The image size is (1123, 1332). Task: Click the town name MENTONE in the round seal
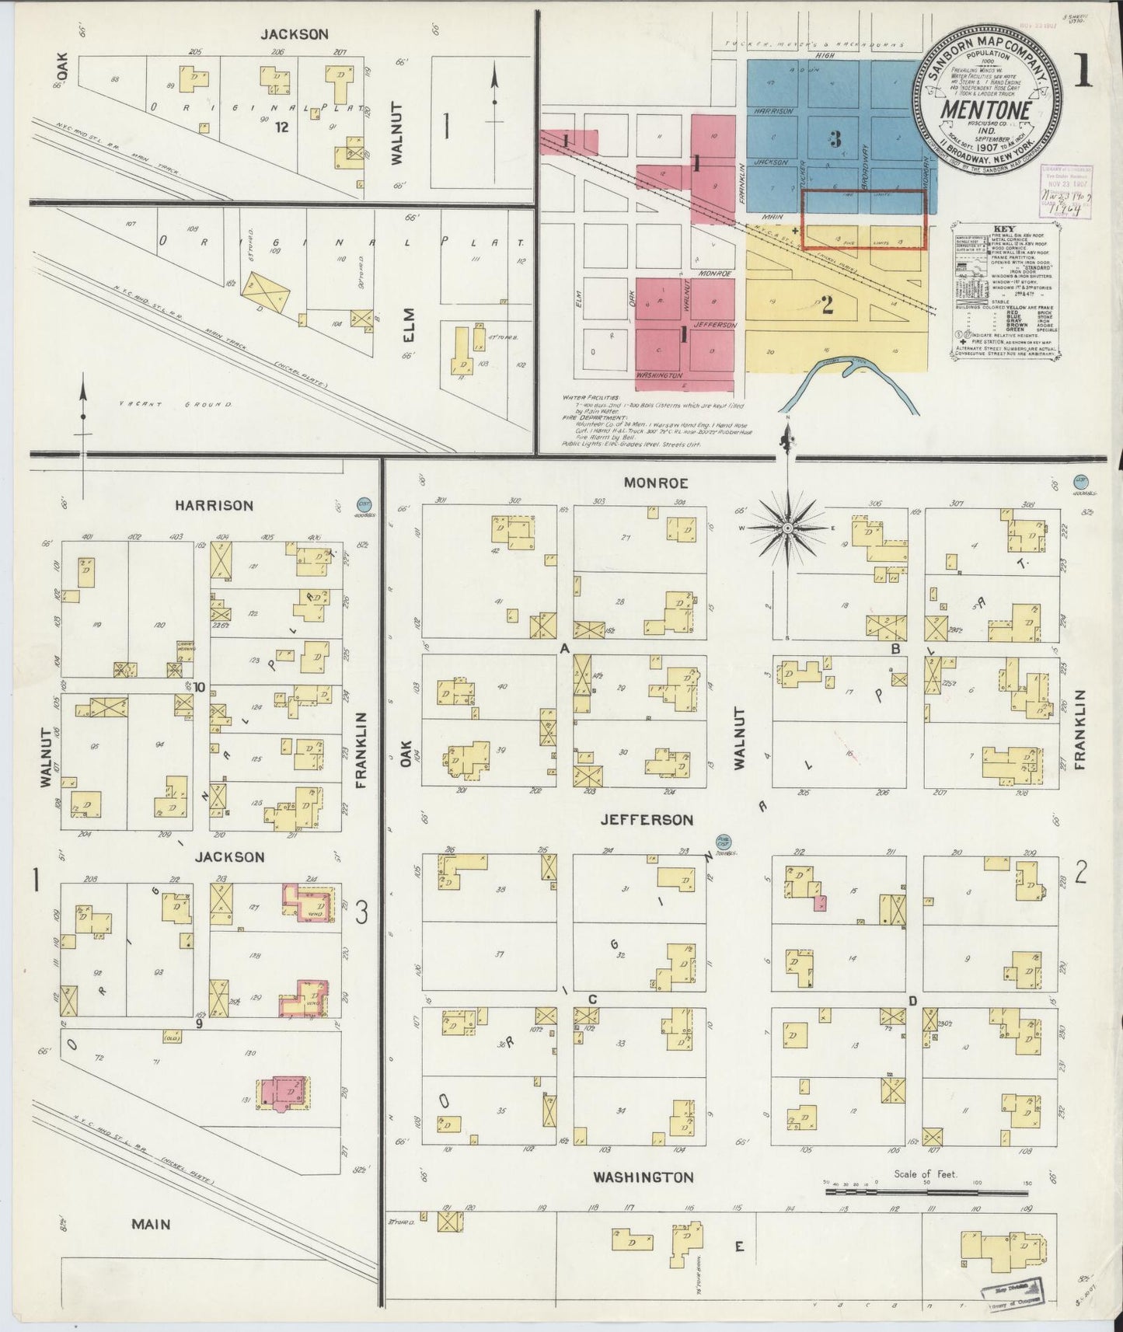(x=985, y=110)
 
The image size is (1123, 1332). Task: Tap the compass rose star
(x=787, y=528)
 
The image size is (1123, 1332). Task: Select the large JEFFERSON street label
(x=646, y=820)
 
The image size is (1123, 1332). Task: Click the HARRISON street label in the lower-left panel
(x=213, y=506)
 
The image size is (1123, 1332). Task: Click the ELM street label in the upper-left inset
(x=410, y=325)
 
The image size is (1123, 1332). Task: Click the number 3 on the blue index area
(x=835, y=139)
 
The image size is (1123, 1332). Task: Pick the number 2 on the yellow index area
(x=827, y=305)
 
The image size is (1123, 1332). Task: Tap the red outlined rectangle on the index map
(x=864, y=220)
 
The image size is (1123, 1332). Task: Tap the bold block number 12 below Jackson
(x=281, y=127)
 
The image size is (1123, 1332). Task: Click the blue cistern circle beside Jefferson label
(x=724, y=840)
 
